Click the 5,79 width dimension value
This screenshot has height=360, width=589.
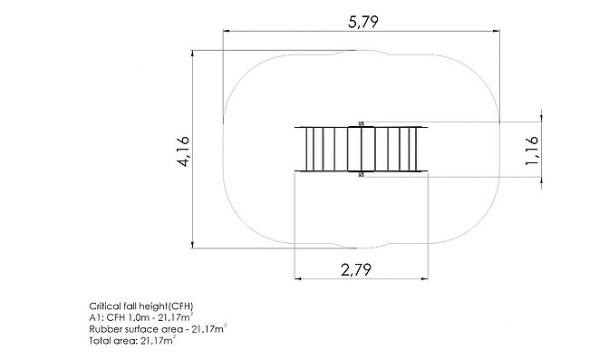(x=362, y=22)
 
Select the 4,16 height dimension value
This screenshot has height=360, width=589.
(x=184, y=151)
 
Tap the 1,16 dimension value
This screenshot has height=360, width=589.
(x=532, y=151)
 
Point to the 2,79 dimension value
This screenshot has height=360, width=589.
(x=356, y=269)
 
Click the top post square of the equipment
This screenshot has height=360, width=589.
(x=361, y=123)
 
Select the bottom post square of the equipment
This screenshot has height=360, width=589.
(x=361, y=174)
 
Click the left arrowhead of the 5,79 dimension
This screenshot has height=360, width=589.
(x=227, y=31)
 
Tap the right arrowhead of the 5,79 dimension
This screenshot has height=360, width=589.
(x=497, y=31)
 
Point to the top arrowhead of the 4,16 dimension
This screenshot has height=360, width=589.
(x=193, y=54)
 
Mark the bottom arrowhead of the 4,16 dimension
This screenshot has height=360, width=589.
(x=193, y=245)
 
